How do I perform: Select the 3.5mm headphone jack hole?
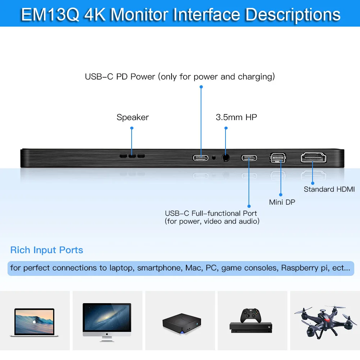click(x=226, y=158)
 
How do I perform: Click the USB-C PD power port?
click(x=201, y=158)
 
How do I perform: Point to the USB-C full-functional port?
click(x=249, y=158)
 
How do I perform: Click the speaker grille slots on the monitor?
click(x=132, y=156)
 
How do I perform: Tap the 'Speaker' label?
click(x=132, y=117)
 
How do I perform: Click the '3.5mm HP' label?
click(x=236, y=117)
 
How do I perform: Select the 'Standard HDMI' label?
click(x=329, y=189)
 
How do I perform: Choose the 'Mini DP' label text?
click(x=282, y=202)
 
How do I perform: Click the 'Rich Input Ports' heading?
click(x=47, y=250)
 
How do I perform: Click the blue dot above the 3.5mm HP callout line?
click(x=226, y=128)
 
